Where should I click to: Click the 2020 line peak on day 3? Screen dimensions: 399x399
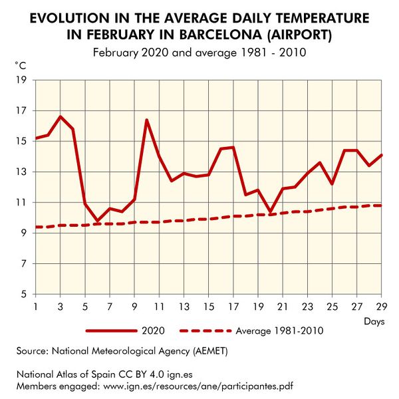pos(61,116)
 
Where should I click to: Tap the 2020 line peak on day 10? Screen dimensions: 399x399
pos(146,120)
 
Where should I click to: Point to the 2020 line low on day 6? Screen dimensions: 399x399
pos(97,220)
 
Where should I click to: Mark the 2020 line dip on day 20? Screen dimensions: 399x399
pos(270,211)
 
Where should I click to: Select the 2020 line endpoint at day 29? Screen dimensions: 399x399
pos(381,155)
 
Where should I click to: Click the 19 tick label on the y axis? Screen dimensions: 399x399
pos(21,80)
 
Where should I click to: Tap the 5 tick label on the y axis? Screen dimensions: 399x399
pos(23,294)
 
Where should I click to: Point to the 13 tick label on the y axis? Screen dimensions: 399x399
pos(21,172)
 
